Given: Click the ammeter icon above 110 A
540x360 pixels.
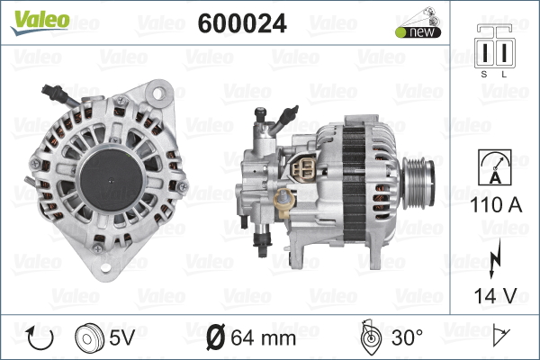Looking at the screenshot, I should (x=495, y=168).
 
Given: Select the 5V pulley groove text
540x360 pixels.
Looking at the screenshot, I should (x=121, y=339).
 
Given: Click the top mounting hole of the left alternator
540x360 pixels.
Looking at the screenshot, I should (x=160, y=93).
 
